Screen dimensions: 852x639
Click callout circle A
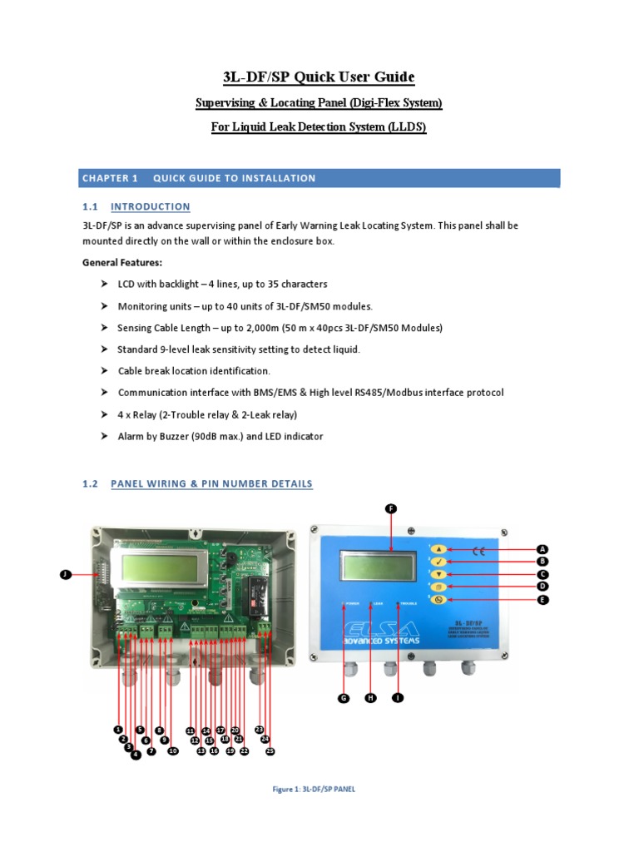542,549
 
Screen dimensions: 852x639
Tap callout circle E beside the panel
542,600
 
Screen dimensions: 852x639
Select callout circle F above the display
391,508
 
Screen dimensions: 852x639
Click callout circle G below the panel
343,699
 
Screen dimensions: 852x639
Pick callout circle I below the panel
398,699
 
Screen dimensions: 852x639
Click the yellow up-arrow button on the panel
440,549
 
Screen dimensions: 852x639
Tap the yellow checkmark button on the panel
440,562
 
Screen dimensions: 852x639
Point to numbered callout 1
118,730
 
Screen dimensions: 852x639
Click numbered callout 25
270,750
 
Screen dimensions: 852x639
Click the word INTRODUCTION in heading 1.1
151,206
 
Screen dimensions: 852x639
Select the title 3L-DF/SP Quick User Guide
319,77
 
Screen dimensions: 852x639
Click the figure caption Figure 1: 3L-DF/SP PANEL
314,790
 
